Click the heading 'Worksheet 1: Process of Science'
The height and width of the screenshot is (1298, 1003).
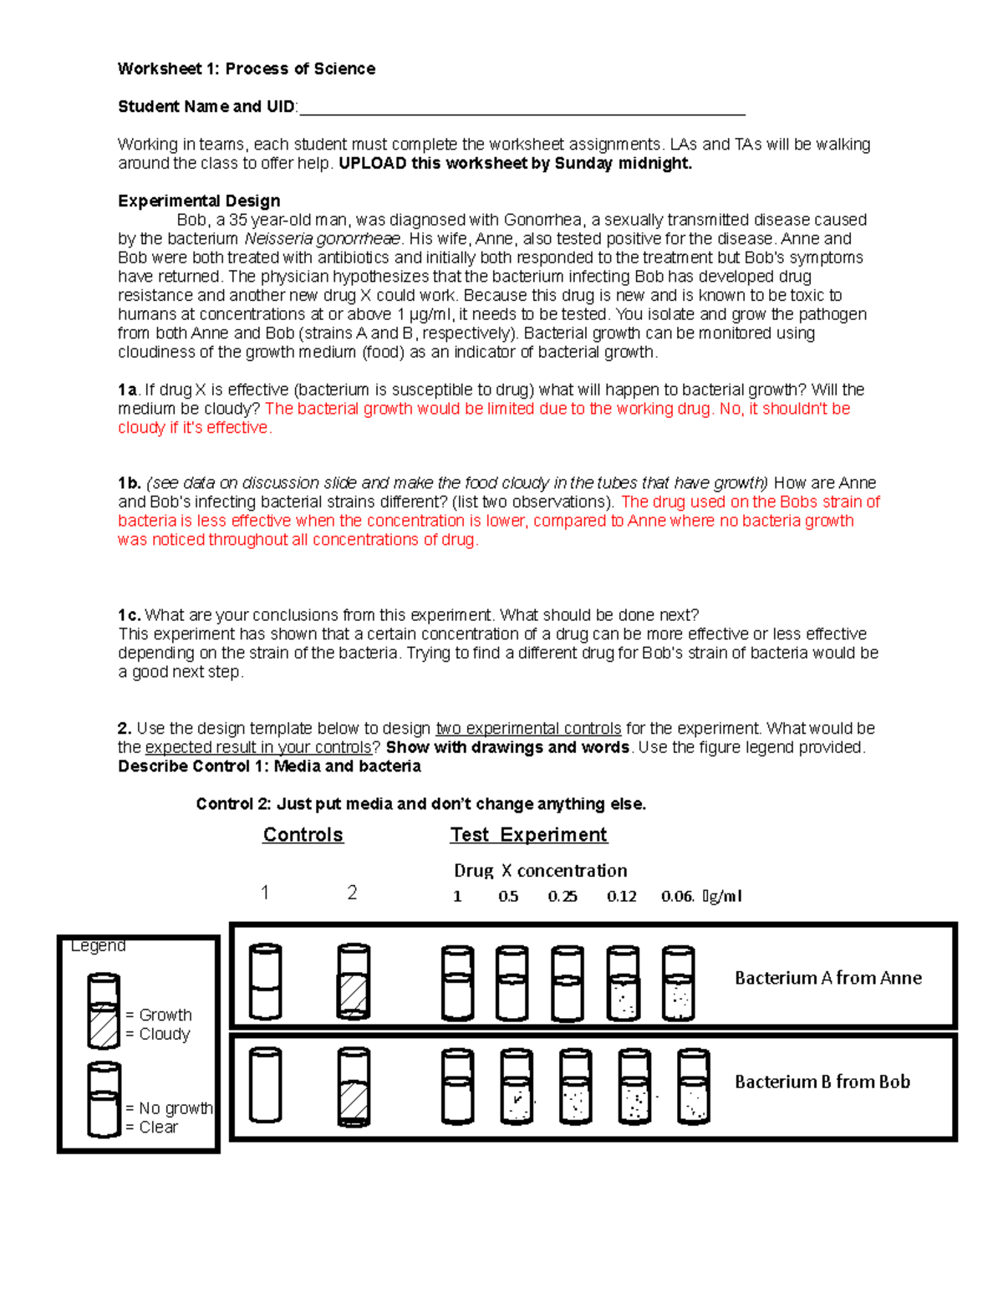pyautogui.click(x=246, y=69)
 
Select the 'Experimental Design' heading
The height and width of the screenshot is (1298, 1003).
pyautogui.click(x=199, y=201)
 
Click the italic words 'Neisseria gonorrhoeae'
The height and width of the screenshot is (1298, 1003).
pyautogui.click(x=323, y=239)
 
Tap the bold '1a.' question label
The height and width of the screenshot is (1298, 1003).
pyautogui.click(x=127, y=389)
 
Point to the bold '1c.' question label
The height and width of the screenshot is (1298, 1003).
pyautogui.click(x=129, y=615)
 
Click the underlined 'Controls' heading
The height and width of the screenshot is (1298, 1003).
pyautogui.click(x=303, y=835)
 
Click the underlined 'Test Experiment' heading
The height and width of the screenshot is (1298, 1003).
pyautogui.click(x=528, y=835)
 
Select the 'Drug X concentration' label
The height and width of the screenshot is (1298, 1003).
pyautogui.click(x=540, y=871)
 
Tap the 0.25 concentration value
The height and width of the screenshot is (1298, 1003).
pyautogui.click(x=563, y=897)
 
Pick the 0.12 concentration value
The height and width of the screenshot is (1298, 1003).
pyautogui.click(x=621, y=897)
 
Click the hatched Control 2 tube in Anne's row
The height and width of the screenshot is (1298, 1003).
pyautogui.click(x=353, y=982)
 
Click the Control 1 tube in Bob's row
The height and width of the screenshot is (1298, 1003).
pyautogui.click(x=266, y=1085)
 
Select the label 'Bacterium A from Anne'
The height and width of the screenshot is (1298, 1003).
pyautogui.click(x=827, y=978)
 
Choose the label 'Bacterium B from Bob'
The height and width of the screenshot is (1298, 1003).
pyautogui.click(x=822, y=1082)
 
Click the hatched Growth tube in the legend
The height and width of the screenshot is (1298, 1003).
pyautogui.click(x=104, y=1010)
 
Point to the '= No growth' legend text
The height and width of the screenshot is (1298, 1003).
pyautogui.click(x=169, y=1108)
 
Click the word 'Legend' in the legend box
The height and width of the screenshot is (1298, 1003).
pyautogui.click(x=99, y=945)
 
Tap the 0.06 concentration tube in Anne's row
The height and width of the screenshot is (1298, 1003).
pyautogui.click(x=678, y=983)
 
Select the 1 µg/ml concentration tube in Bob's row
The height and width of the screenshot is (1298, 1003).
pyautogui.click(x=457, y=1087)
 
